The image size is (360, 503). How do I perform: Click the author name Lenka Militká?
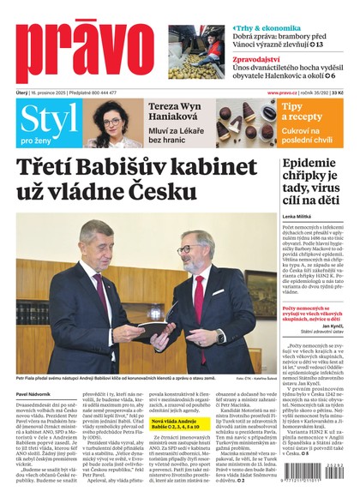click(296, 217)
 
